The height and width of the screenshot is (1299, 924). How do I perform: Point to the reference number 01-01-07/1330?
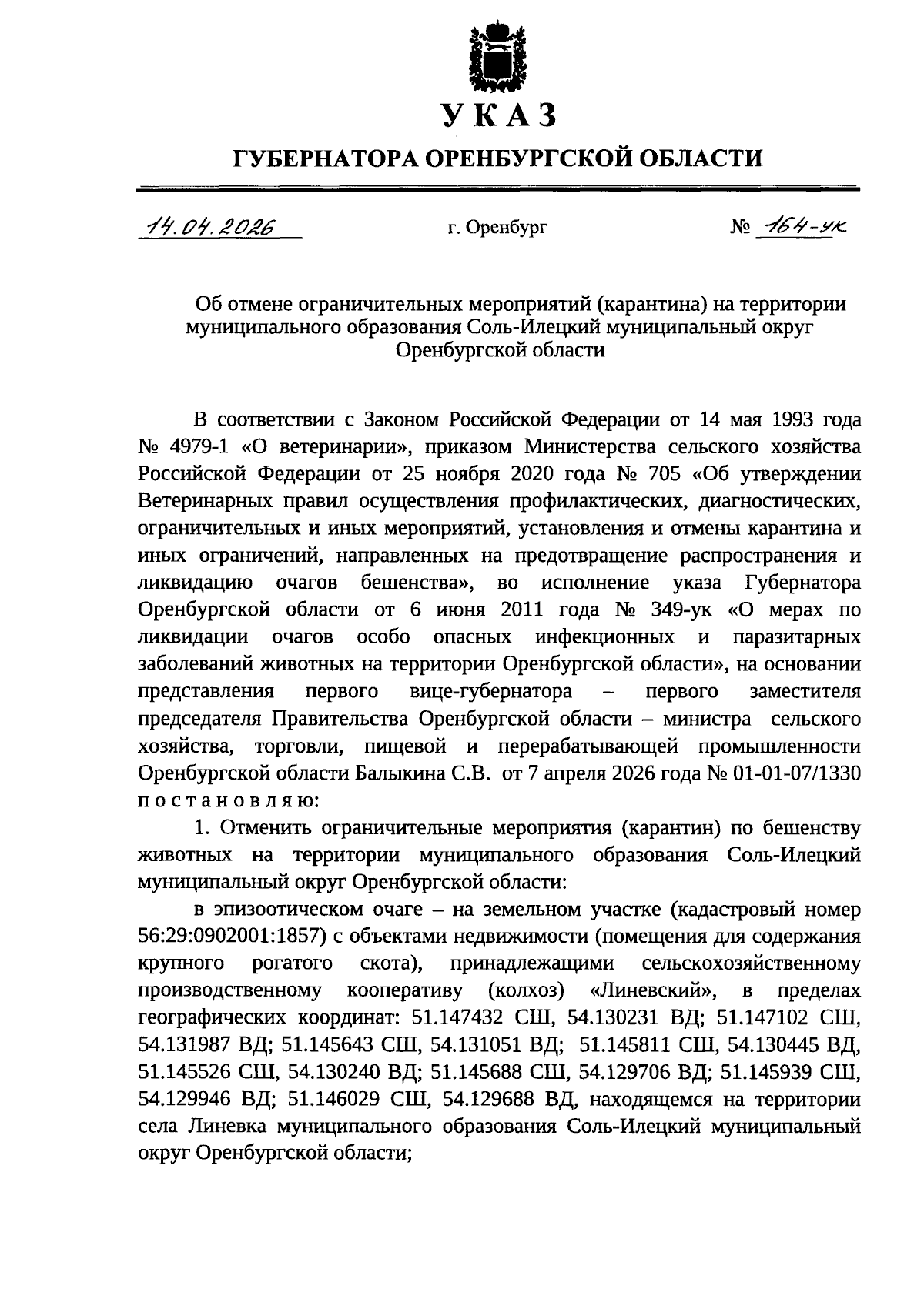point(794,772)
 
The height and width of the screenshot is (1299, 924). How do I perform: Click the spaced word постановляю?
point(227,799)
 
